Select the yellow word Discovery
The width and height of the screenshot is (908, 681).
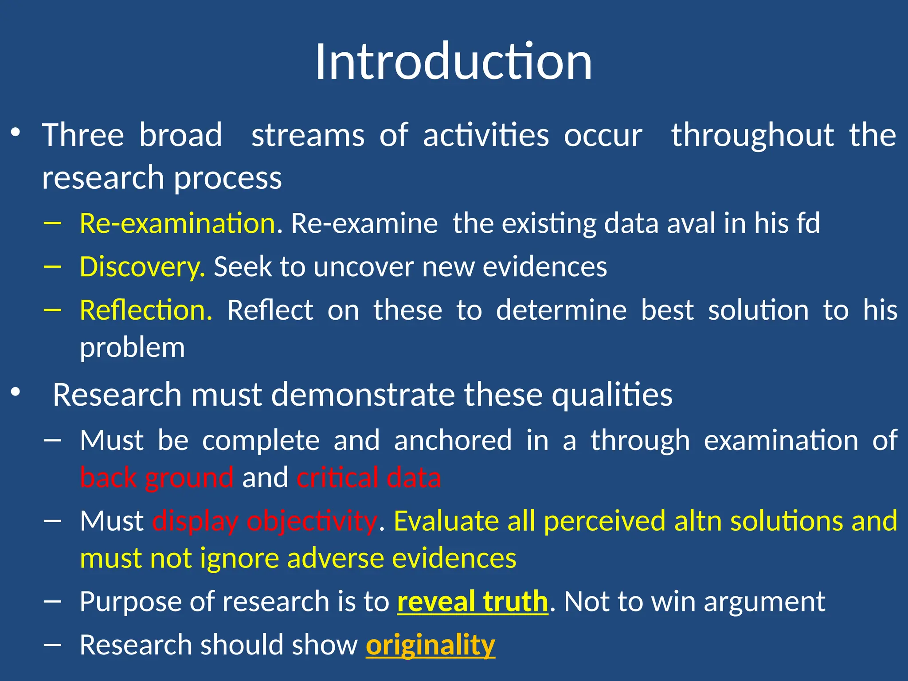pos(142,267)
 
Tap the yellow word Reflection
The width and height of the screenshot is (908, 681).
pos(146,310)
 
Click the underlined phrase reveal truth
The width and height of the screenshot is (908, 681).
pos(473,602)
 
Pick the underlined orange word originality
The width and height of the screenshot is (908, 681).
pos(430,645)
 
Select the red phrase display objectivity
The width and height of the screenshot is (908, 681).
pos(265,521)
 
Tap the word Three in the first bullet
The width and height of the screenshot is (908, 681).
pos(83,135)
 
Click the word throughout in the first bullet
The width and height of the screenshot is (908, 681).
pos(752,135)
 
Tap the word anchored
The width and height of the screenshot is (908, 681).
pos(453,441)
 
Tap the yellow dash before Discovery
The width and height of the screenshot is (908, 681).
pos(52,266)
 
